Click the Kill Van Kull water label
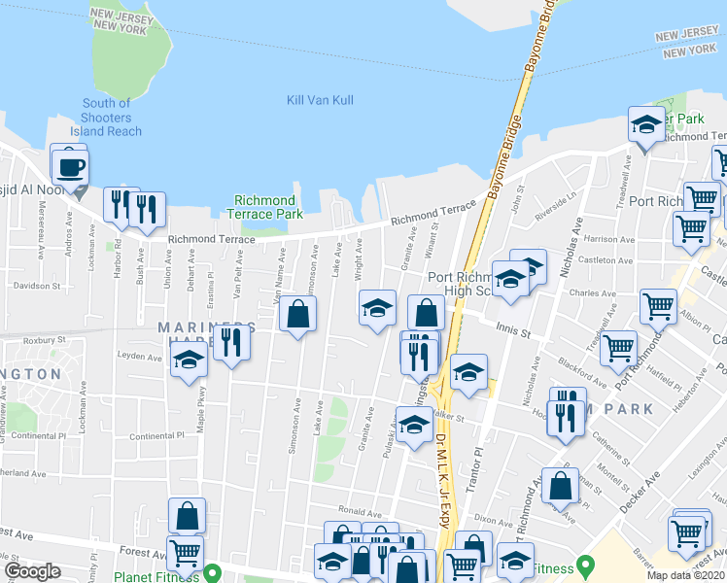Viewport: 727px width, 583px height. coord(320,100)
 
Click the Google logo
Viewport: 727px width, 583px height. coord(32,570)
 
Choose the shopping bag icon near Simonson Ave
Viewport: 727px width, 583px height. coord(298,313)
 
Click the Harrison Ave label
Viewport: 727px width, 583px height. coord(610,238)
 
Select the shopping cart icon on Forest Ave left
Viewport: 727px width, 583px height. coord(185,554)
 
